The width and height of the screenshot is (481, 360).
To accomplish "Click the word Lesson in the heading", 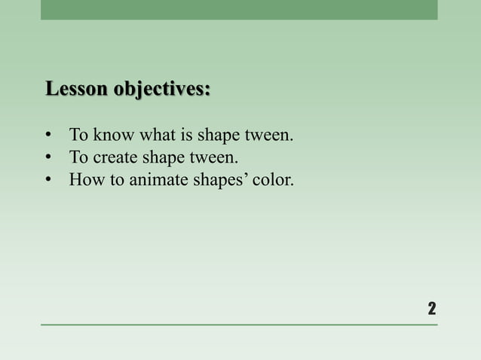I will pyautogui.click(x=76, y=89).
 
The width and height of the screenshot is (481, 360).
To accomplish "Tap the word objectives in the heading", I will pyautogui.click(x=162, y=89).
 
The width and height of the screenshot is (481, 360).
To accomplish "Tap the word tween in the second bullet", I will pyautogui.click(x=214, y=158).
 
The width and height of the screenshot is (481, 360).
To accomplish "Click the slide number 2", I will pyautogui.click(x=431, y=308).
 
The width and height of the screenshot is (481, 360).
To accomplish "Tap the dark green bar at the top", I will pyautogui.click(x=239, y=10).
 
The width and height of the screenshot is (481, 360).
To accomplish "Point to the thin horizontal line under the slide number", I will pyautogui.click(x=239, y=325).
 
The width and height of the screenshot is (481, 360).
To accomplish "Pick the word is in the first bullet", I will pyautogui.click(x=183, y=136).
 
